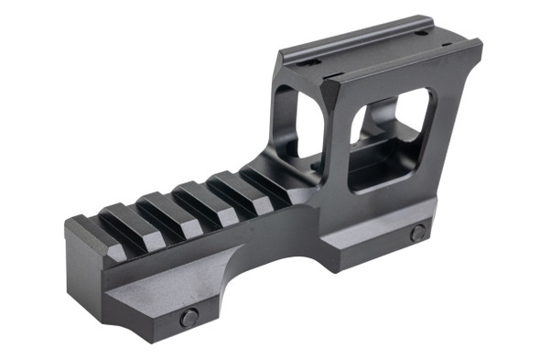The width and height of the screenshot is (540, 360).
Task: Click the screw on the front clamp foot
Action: click(189, 318)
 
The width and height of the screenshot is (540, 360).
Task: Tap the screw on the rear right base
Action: click(417, 233)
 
